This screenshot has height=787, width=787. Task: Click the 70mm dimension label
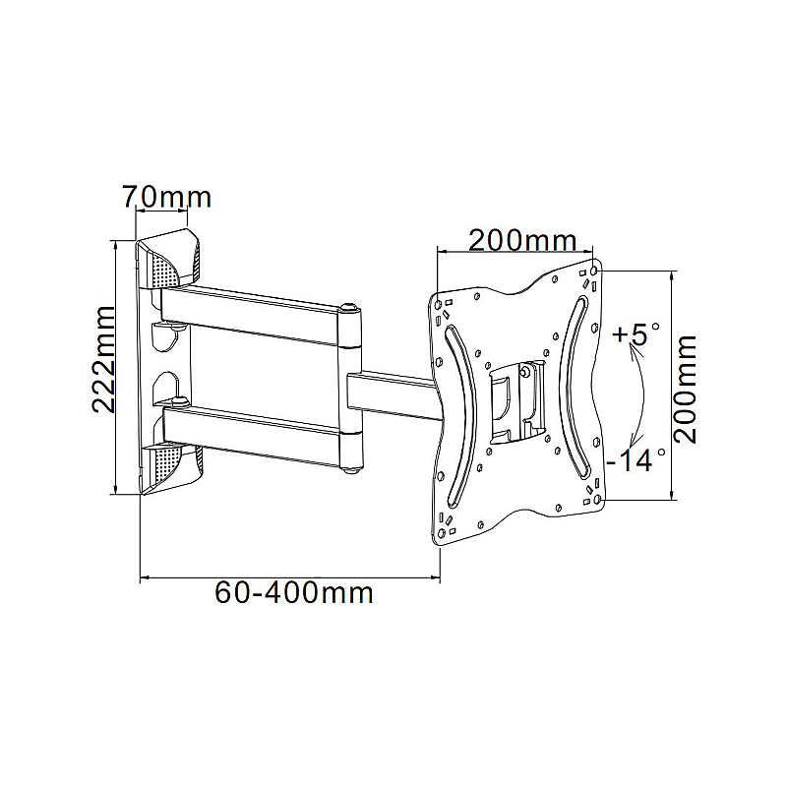pyautogui.click(x=167, y=197)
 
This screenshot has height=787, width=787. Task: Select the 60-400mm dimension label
pyautogui.click(x=294, y=593)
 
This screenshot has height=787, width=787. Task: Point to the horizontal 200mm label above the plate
pyautogui.click(x=522, y=240)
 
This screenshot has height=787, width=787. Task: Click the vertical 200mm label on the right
pyautogui.click(x=685, y=389)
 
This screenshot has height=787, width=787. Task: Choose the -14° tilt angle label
pyautogui.click(x=636, y=459)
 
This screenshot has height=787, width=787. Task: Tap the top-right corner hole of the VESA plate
pyautogui.click(x=595, y=270)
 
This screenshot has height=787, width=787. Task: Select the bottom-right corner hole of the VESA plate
pyautogui.click(x=597, y=500)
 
